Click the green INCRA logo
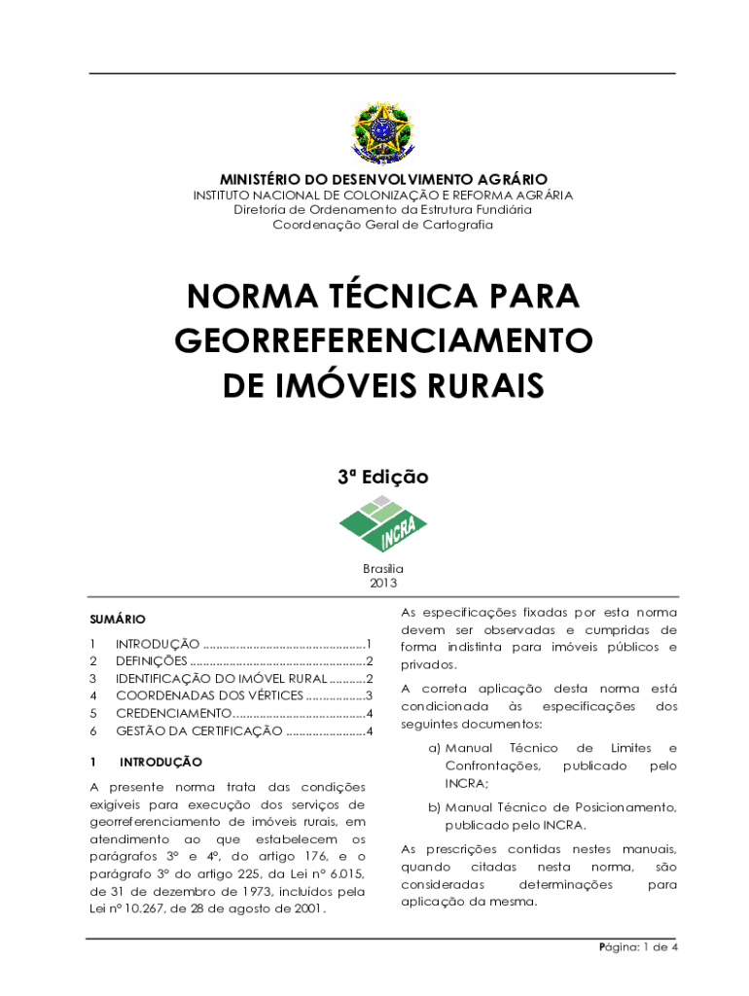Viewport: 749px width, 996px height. pyautogui.click(x=382, y=523)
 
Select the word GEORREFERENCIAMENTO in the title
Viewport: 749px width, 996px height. pyautogui.click(x=383, y=341)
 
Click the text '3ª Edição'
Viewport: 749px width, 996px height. pyautogui.click(x=382, y=477)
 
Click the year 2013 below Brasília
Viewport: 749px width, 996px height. pyautogui.click(x=383, y=584)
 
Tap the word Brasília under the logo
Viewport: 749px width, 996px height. pyautogui.click(x=383, y=569)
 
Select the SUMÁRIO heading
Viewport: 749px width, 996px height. pyautogui.click(x=118, y=619)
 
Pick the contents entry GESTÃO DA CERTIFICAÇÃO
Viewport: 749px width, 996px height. pyautogui.click(x=199, y=731)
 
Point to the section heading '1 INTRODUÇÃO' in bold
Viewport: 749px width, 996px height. pyautogui.click(x=160, y=763)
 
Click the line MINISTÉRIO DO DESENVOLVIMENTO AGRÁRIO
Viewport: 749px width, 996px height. pyautogui.click(x=382, y=180)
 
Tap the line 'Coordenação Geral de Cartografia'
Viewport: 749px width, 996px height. pyautogui.click(x=382, y=225)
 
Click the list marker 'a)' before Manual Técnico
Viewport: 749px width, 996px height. pyautogui.click(x=435, y=748)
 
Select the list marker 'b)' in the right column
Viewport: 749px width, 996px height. pyautogui.click(x=435, y=807)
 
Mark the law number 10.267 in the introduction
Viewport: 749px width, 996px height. pyautogui.click(x=140, y=909)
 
